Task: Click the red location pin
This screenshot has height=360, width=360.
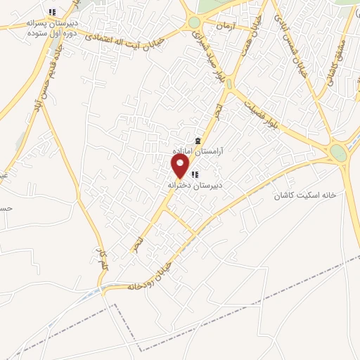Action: (x=181, y=166)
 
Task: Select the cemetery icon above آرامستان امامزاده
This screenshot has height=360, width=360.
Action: (x=198, y=142)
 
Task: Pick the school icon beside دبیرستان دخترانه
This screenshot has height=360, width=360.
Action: (x=195, y=174)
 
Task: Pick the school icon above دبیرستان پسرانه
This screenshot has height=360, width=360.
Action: (x=52, y=12)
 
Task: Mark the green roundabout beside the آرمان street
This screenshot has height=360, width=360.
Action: (x=194, y=22)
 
